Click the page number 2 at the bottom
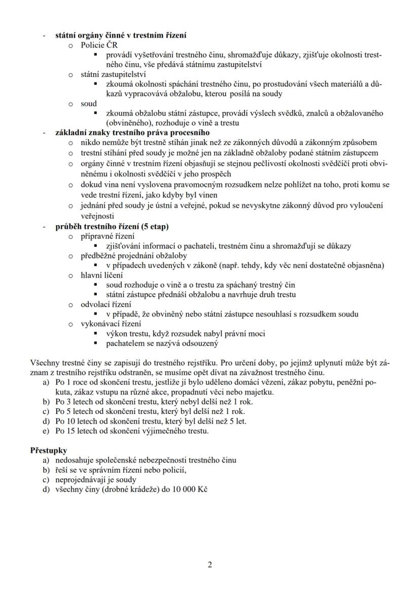click(209, 565)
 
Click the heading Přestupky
click(49, 450)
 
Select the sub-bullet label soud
click(89, 103)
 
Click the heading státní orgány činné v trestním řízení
click(121, 36)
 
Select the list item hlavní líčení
click(101, 275)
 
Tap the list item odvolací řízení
click(106, 304)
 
